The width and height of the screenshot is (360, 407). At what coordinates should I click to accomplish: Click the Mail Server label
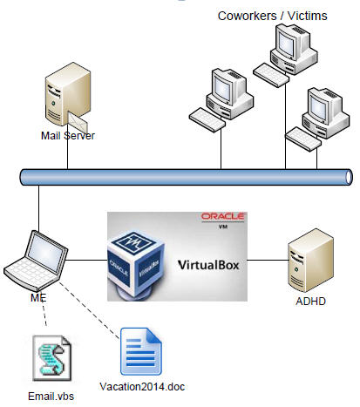pyautogui.click(x=68, y=136)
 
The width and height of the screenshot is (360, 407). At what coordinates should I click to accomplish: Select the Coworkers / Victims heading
pyautogui.click(x=272, y=16)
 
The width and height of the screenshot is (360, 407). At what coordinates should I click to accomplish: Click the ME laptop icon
pyautogui.click(x=36, y=261)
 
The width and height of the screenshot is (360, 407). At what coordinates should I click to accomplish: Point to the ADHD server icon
pyautogui.click(x=310, y=261)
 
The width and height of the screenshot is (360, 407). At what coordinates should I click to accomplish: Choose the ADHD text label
pyautogui.click(x=310, y=301)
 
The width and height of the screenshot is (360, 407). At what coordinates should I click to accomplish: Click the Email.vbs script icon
pyautogui.click(x=52, y=357)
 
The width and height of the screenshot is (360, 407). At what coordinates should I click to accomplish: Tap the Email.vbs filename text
pyautogui.click(x=51, y=397)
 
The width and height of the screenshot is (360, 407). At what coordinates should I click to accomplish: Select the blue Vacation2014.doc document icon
pyautogui.click(x=141, y=351)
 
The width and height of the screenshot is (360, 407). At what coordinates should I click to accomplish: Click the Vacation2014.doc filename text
pyautogui.click(x=142, y=387)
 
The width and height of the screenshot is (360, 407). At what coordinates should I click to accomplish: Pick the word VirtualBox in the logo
pyautogui.click(x=208, y=265)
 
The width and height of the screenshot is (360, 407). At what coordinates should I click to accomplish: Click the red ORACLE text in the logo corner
pyautogui.click(x=223, y=216)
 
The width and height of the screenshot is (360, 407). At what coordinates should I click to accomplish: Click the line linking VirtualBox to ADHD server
pyautogui.click(x=268, y=260)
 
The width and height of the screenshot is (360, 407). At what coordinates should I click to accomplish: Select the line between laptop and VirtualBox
pyautogui.click(x=86, y=260)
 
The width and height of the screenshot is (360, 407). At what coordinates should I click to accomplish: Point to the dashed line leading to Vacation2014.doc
pyautogui.click(x=89, y=310)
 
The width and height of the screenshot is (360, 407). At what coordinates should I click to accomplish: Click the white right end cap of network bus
pyautogui.click(x=349, y=177)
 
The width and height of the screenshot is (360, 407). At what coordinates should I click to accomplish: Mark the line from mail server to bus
pyautogui.click(x=67, y=146)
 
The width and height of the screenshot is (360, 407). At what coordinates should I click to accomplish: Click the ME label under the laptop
pyautogui.click(x=38, y=297)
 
